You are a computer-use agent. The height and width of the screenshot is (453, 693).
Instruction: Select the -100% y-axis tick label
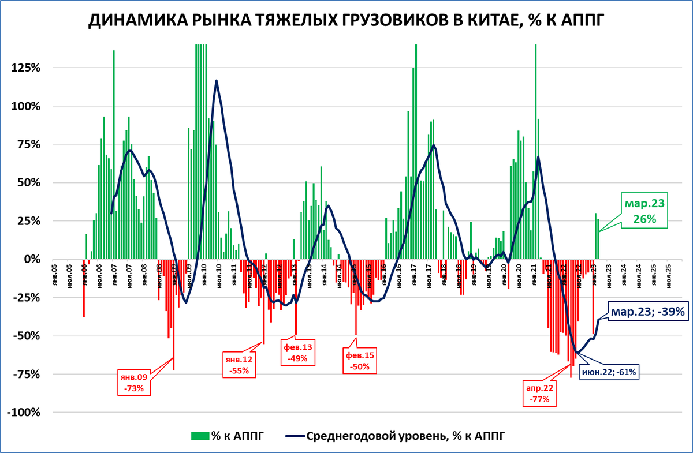click(x=23, y=413)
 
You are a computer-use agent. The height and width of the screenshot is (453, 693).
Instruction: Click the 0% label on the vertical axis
click(x=32, y=260)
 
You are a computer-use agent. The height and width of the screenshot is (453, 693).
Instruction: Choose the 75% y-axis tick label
click(x=28, y=144)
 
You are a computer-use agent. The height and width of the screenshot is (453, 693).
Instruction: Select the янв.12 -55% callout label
click(x=239, y=365)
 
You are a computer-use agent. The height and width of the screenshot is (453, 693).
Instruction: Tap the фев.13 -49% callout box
click(x=298, y=352)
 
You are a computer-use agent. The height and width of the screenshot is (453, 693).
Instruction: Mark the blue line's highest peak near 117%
click(x=217, y=80)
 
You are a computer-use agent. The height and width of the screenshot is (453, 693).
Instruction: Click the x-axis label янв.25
click(x=654, y=274)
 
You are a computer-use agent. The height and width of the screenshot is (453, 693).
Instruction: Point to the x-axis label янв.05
click(x=54, y=274)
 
